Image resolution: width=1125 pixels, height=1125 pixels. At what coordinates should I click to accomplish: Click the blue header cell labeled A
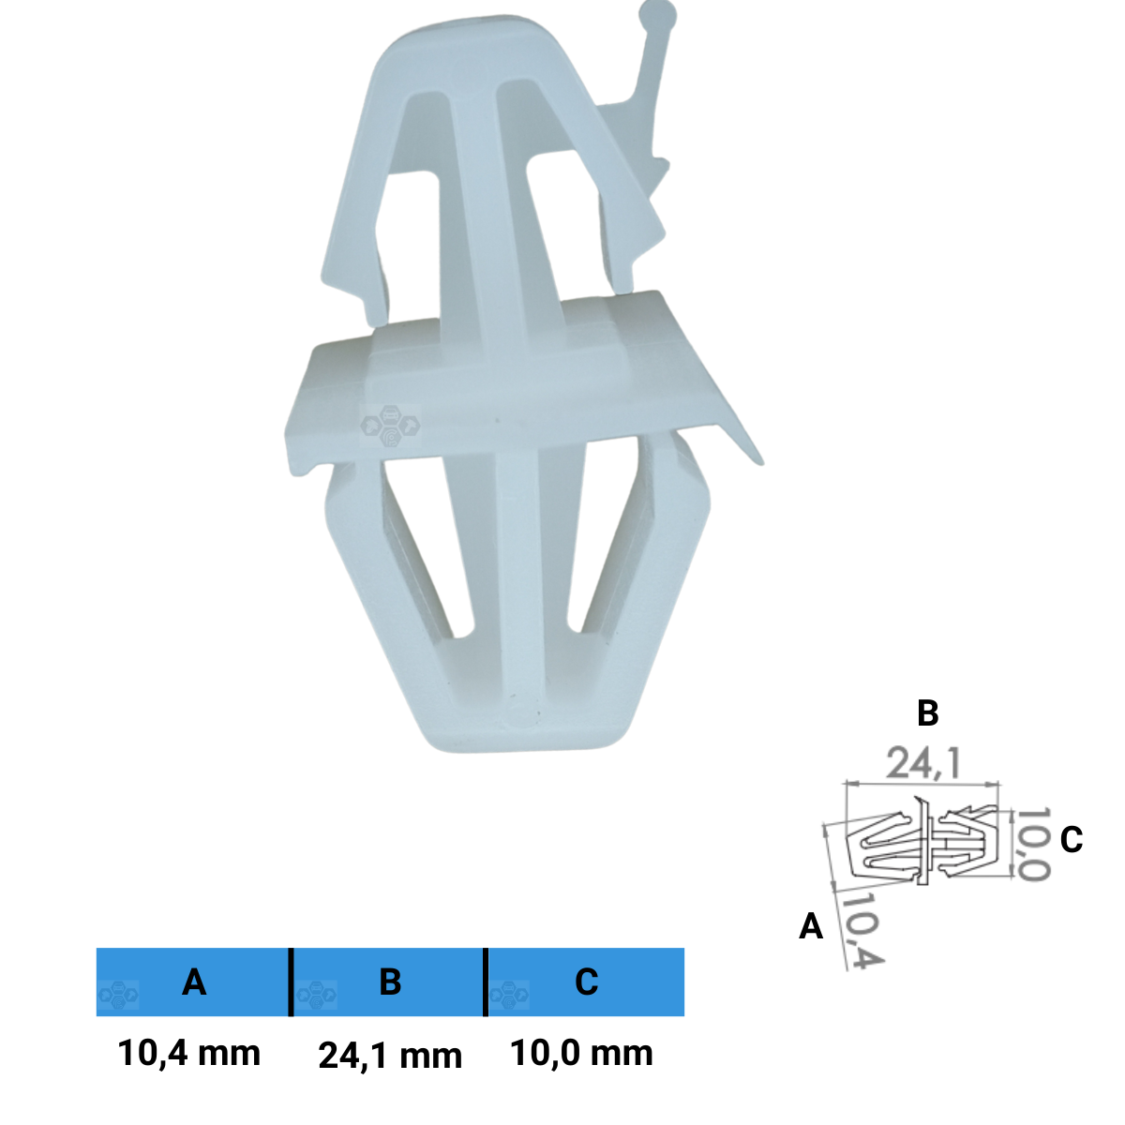[193, 982]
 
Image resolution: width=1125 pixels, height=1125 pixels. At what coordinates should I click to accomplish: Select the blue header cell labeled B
[388, 982]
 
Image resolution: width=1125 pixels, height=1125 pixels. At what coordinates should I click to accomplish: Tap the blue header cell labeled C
[586, 982]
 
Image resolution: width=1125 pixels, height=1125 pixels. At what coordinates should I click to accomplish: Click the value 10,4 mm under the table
[189, 1053]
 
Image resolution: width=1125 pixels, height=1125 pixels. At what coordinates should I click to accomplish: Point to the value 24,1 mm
[390, 1057]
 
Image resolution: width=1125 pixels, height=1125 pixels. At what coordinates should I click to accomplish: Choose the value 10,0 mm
[581, 1053]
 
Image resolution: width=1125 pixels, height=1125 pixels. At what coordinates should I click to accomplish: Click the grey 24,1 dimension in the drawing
[922, 764]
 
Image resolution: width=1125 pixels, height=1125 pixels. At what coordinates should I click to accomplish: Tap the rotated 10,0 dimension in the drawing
[1034, 845]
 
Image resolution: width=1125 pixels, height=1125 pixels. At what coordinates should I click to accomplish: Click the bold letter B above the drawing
[928, 712]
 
